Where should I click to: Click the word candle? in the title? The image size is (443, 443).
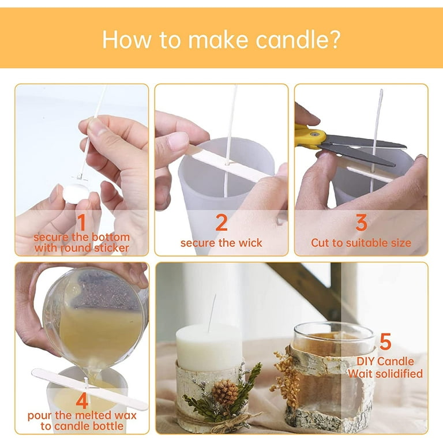pyautogui.click(x=298, y=39)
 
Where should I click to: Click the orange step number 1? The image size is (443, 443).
pyautogui.click(x=82, y=223)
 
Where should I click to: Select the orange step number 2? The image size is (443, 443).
pyautogui.click(x=221, y=223)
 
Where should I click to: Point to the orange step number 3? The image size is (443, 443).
pyautogui.click(x=361, y=223)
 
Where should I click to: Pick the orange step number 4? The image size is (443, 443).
pyautogui.click(x=82, y=401)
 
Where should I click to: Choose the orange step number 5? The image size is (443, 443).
pyautogui.click(x=385, y=341)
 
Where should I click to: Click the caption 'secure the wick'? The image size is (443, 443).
pyautogui.click(x=221, y=243)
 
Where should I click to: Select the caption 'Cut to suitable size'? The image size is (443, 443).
pyautogui.click(x=361, y=243)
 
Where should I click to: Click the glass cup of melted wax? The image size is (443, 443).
pyautogui.click(x=93, y=319)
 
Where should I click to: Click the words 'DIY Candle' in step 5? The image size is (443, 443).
pyautogui.click(x=385, y=361)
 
